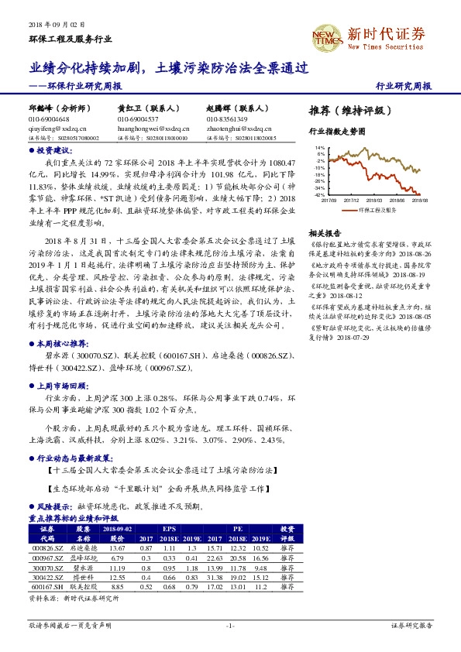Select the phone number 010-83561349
pyautogui.click(x=227, y=120)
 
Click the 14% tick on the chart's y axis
pyautogui.click(x=320, y=146)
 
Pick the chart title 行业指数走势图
pyautogui.click(x=337, y=132)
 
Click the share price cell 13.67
pyautogui.click(x=117, y=547)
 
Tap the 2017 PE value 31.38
pyautogui.click(x=215, y=578)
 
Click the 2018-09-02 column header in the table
pyautogui.click(x=117, y=528)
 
